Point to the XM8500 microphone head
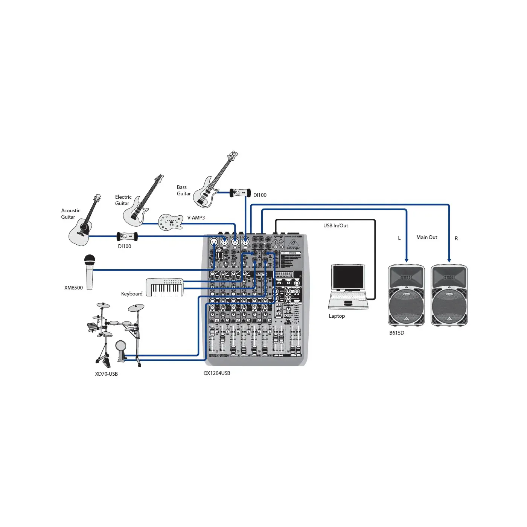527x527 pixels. click(90, 260)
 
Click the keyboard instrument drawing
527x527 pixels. click(164, 287)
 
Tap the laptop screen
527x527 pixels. click(348, 277)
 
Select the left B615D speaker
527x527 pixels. click(406, 295)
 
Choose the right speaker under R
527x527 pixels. click(449, 295)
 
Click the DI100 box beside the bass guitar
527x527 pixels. click(240, 193)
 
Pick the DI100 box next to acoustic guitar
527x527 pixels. click(127, 236)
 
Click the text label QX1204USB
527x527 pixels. click(217, 373)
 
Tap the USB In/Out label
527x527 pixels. click(335, 225)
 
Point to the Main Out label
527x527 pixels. click(426, 237)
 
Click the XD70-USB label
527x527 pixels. click(106, 374)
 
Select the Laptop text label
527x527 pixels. click(337, 316)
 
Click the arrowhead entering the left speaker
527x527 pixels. click(406, 260)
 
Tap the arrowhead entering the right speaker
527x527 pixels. click(449, 260)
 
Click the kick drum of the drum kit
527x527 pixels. click(120, 347)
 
